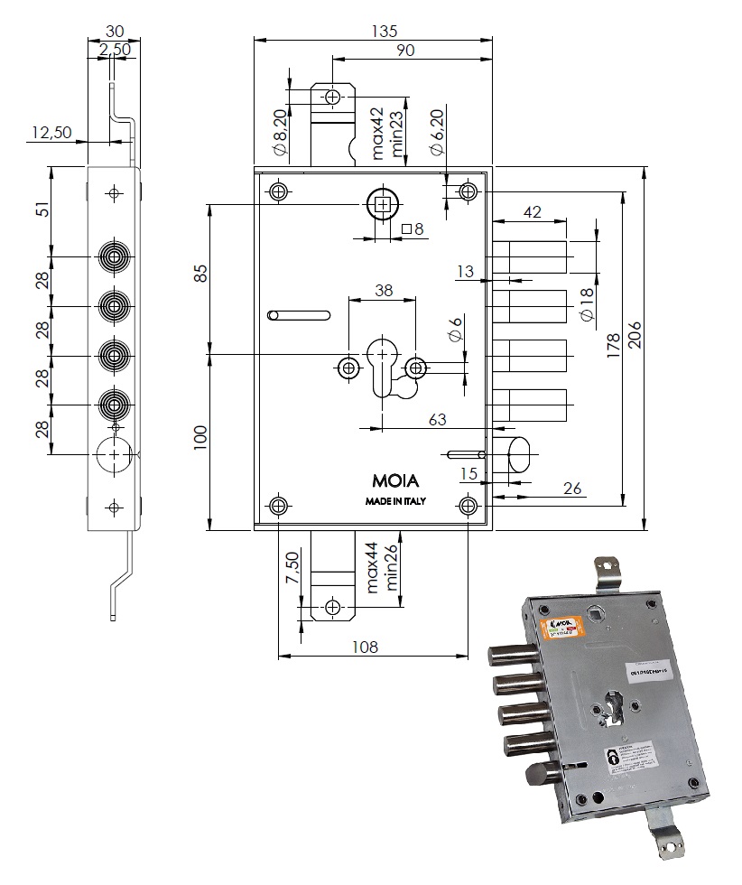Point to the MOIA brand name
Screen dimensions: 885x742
[x=395, y=480]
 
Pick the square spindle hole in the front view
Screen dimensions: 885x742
[x=384, y=205]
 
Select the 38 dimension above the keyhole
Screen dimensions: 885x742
[x=384, y=290]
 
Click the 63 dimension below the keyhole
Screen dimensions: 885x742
[x=438, y=419]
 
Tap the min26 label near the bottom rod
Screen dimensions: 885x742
[x=393, y=567]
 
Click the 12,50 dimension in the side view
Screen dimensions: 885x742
[x=51, y=132]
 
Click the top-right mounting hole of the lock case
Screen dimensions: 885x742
[x=468, y=191]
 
